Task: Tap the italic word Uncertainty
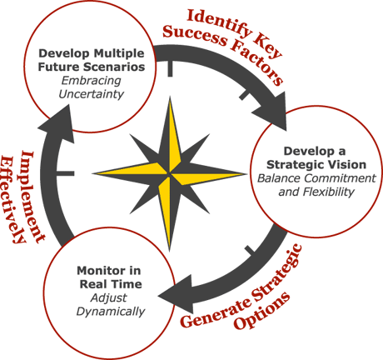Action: [x=92, y=94]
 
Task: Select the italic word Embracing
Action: [x=92, y=81]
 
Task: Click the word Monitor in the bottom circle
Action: [x=97, y=271]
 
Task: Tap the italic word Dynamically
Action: [x=111, y=312]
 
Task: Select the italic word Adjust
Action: [x=109, y=298]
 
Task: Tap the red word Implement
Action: [x=33, y=197]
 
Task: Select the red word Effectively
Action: [x=12, y=200]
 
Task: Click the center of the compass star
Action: [x=169, y=174]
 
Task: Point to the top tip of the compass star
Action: [x=170, y=97]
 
